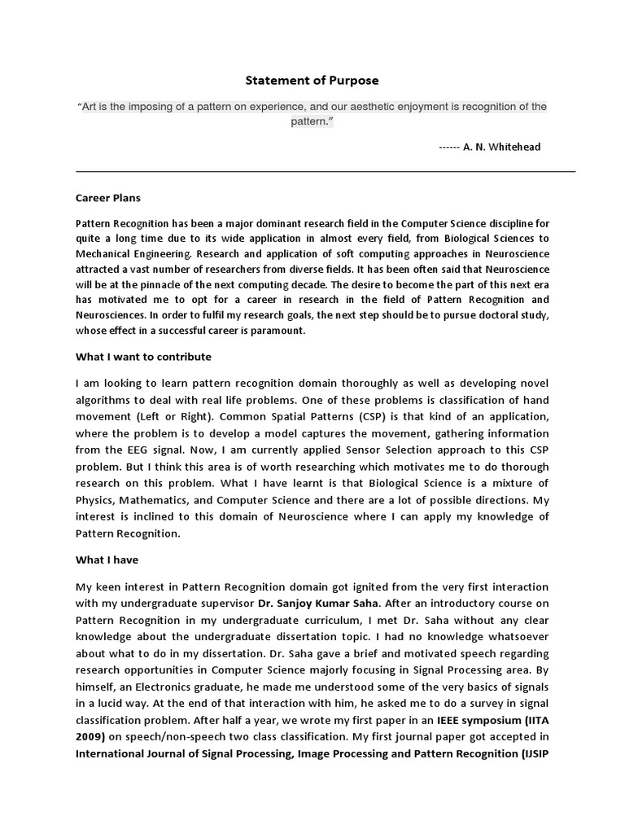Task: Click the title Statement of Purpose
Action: (312, 81)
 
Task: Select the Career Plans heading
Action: (107, 197)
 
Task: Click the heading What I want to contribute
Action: (143, 357)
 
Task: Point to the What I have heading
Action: (107, 560)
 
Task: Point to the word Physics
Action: (99, 499)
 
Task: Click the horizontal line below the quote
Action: (326, 172)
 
